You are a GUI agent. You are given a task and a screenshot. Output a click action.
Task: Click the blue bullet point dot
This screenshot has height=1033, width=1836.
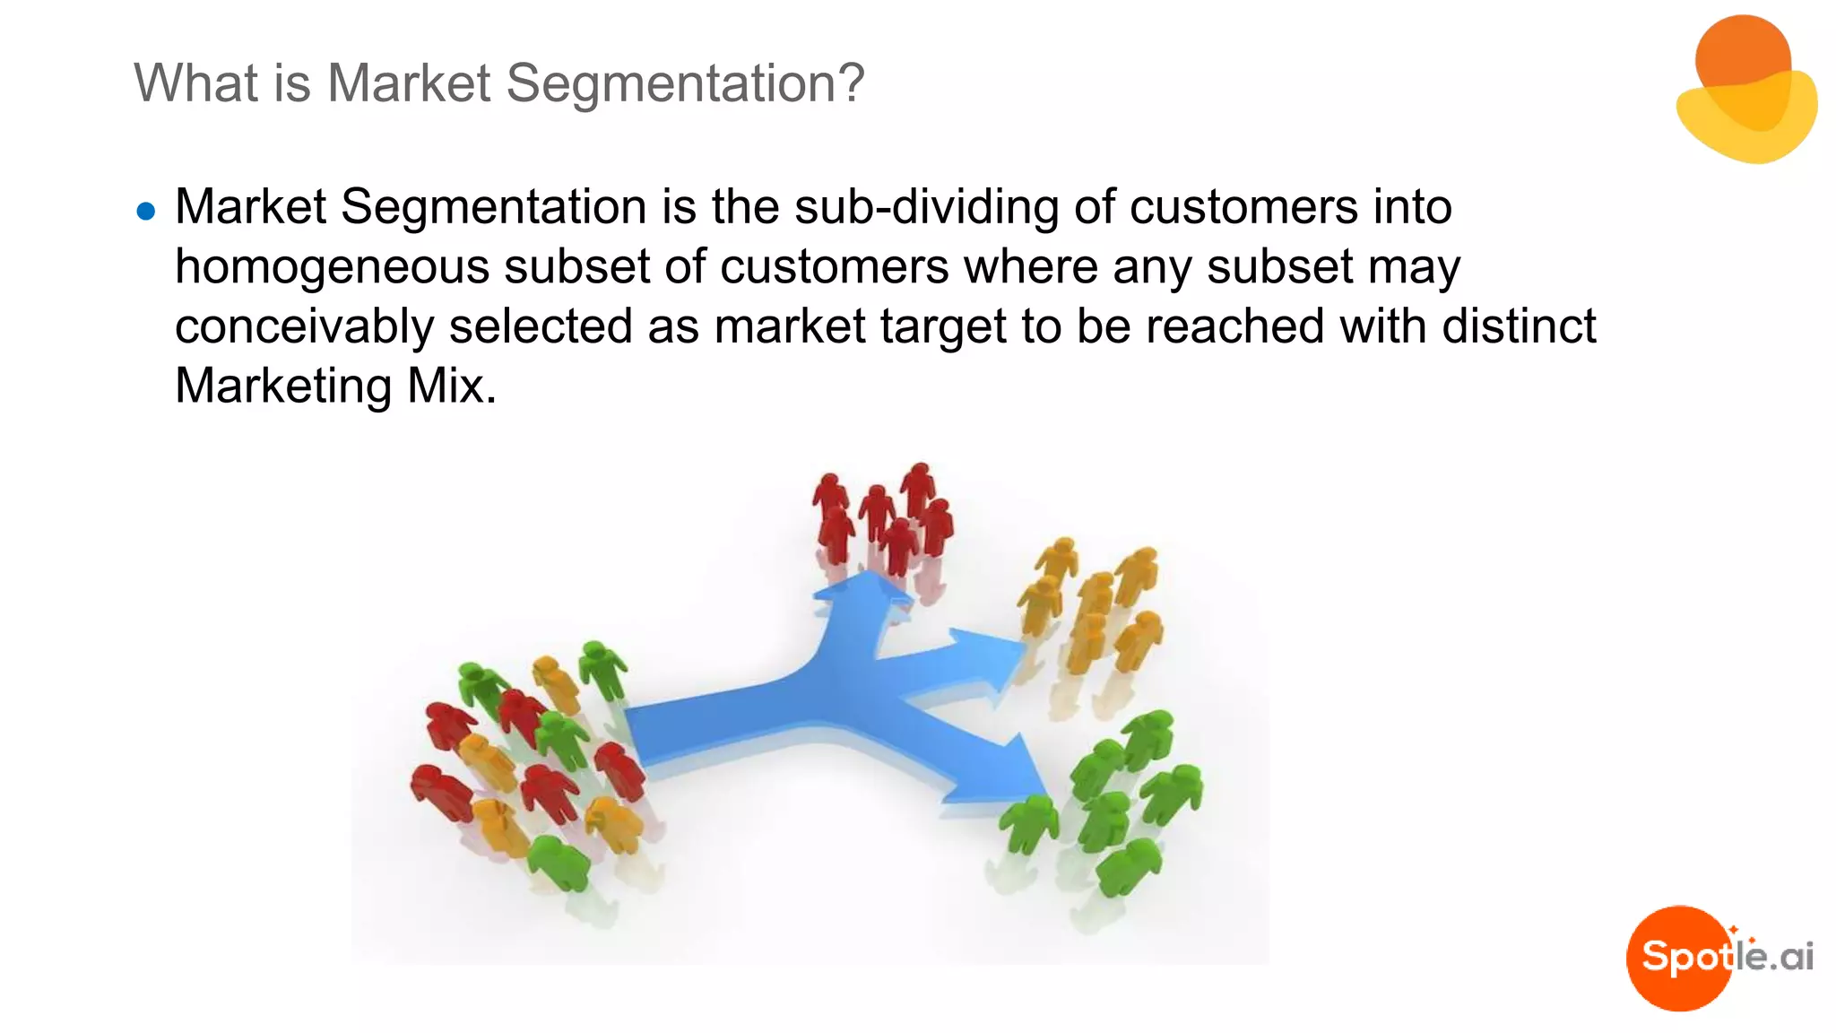pyautogui.click(x=146, y=212)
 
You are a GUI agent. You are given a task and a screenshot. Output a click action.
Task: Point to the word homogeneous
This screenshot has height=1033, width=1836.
pyautogui.click(x=332, y=267)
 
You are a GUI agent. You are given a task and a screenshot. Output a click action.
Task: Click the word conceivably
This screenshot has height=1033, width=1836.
pyautogui.click(x=304, y=326)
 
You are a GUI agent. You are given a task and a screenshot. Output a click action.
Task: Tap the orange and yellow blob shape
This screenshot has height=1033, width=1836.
pyautogui.click(x=1745, y=90)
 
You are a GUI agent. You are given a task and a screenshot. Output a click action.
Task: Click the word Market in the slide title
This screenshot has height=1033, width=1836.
pyautogui.click(x=409, y=83)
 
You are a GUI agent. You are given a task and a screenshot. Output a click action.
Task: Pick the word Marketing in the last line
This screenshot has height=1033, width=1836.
pyautogui.click(x=283, y=386)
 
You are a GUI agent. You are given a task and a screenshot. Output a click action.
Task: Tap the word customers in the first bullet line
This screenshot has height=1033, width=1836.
pyautogui.click(x=1244, y=207)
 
